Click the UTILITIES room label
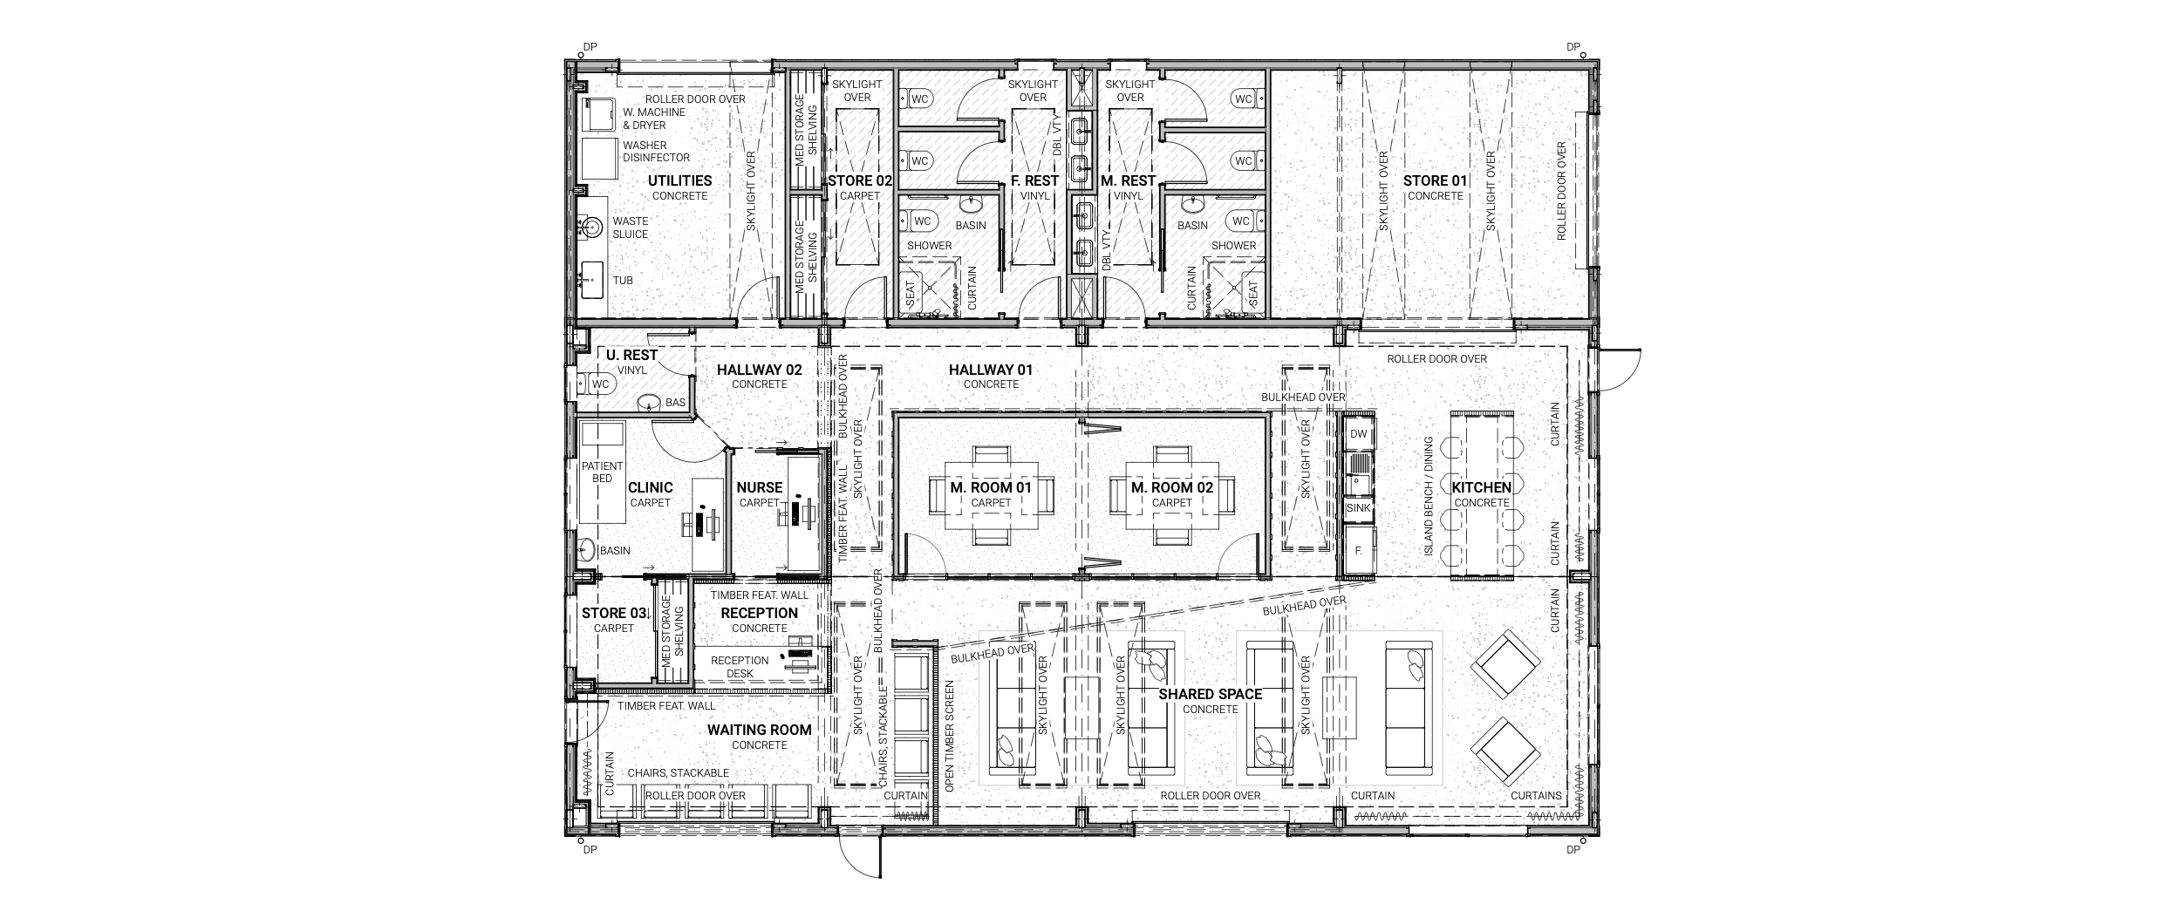point(679,180)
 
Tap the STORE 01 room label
point(1435,180)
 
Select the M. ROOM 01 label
point(991,487)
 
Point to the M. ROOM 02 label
point(1171,487)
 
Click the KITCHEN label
point(1481,487)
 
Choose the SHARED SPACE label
point(1210,694)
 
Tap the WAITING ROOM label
point(759,730)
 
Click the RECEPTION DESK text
point(740,667)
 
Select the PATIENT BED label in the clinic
point(603,472)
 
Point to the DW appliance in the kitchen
point(1359,434)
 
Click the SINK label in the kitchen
point(1359,507)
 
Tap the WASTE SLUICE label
point(630,228)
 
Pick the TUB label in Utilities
point(623,280)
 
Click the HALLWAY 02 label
point(759,370)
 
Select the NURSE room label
point(759,487)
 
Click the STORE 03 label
point(614,613)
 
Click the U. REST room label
point(631,355)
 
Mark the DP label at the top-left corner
point(590,47)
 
